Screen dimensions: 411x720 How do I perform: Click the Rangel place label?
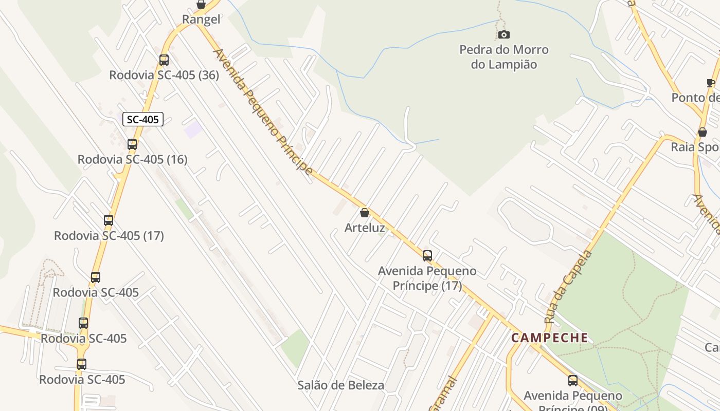tap(201, 20)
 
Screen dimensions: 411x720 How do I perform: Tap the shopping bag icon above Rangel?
tap(201, 5)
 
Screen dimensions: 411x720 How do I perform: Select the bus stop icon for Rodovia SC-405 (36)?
tap(164, 60)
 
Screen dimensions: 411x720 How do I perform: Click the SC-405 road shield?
tap(143, 120)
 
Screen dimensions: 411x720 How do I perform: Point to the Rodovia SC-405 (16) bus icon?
tap(132, 144)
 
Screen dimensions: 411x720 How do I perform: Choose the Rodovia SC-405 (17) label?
tap(109, 236)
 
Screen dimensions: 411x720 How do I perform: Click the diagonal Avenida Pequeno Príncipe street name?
tap(262, 112)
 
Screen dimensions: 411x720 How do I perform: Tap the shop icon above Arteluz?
tap(365, 213)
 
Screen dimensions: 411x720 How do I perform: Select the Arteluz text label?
tap(365, 228)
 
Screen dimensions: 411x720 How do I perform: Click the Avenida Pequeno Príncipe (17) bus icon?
tap(427, 256)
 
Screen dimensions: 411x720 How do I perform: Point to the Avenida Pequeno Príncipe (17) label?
tap(427, 278)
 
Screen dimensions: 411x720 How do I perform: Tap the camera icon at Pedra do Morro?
tap(504, 35)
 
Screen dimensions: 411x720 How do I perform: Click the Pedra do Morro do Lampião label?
tap(504, 57)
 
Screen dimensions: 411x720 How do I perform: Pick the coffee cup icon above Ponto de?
tap(711, 83)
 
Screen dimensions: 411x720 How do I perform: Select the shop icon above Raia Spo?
tap(703, 133)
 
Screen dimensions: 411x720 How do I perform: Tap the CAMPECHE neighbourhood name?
tap(550, 338)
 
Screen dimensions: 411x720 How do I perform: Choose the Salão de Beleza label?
tap(340, 385)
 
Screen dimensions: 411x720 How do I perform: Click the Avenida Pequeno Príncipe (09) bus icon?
tap(573, 381)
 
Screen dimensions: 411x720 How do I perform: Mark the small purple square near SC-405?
tap(193, 129)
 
